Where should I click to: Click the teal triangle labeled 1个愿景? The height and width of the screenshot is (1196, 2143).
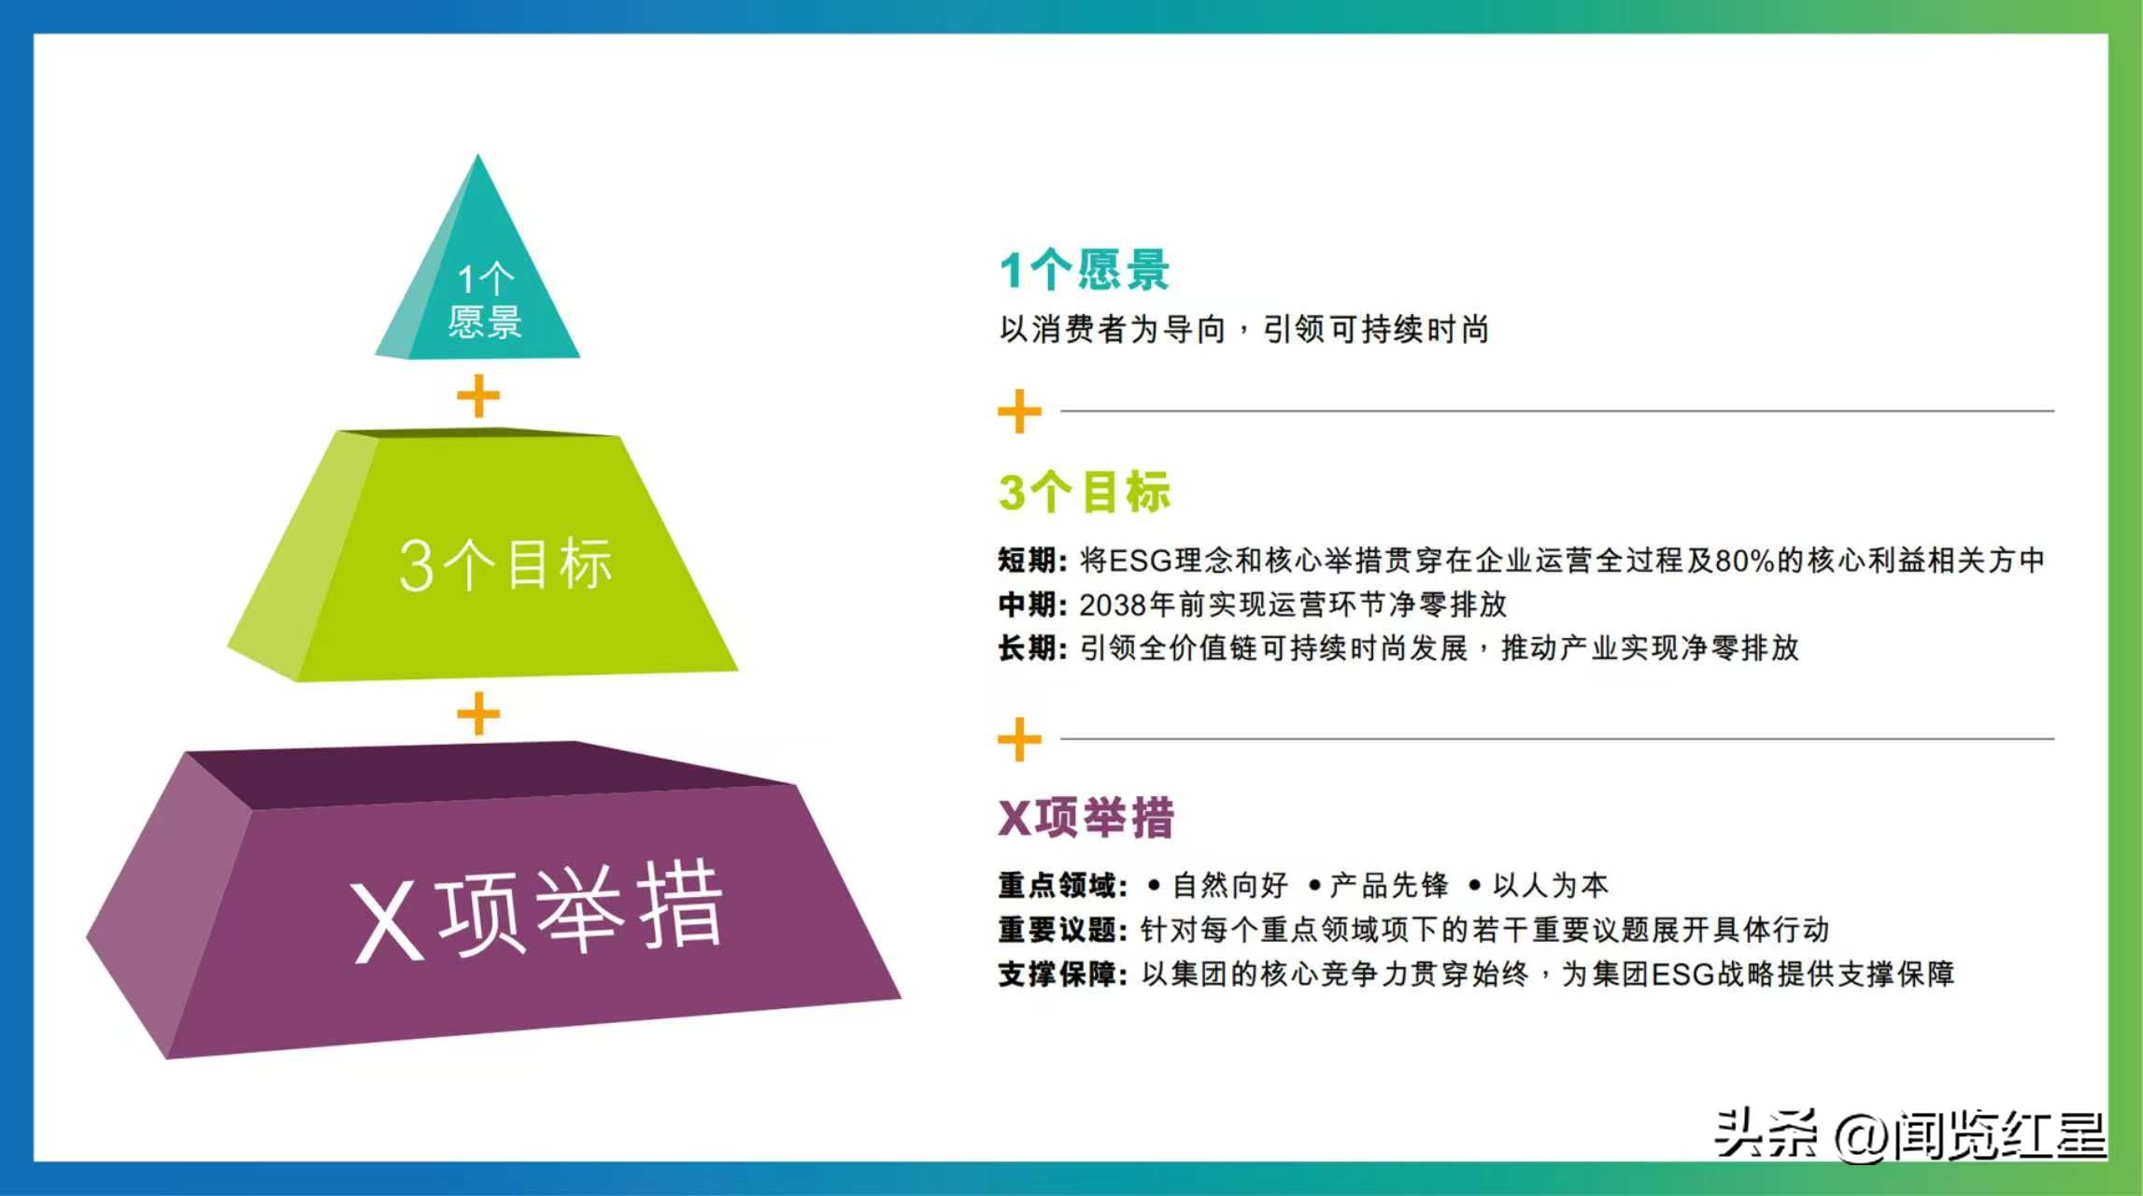tap(477, 280)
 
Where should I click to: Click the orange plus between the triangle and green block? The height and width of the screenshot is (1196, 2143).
tap(478, 396)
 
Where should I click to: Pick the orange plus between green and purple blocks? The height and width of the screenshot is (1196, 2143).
tap(478, 714)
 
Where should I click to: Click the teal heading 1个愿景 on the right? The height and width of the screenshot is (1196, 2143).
tap(1084, 270)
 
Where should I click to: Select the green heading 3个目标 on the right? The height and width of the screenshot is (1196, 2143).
tap(1084, 491)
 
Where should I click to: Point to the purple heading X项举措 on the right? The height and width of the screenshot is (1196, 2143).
tap(1086, 818)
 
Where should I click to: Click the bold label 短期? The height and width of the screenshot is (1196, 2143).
tap(1027, 561)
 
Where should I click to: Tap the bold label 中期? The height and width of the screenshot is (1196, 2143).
tap(1027, 605)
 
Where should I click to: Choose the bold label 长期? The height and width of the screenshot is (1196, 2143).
tap(1027, 648)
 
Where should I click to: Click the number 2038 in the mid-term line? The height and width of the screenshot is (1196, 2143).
tap(1113, 605)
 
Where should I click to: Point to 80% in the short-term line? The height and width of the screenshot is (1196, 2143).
tap(1744, 561)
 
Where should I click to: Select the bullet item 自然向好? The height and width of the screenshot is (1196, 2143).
tap(1229, 885)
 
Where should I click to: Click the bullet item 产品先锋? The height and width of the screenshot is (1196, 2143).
tap(1389, 885)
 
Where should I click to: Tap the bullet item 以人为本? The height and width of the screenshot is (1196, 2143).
tap(1550, 885)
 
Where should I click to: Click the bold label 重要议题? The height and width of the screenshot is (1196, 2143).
tap(1057, 930)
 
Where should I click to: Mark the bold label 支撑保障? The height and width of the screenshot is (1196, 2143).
tap(1057, 975)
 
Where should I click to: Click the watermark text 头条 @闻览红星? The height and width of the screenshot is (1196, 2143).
tap(1909, 1134)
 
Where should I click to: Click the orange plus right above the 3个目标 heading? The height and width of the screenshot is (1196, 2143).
tap(1019, 412)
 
